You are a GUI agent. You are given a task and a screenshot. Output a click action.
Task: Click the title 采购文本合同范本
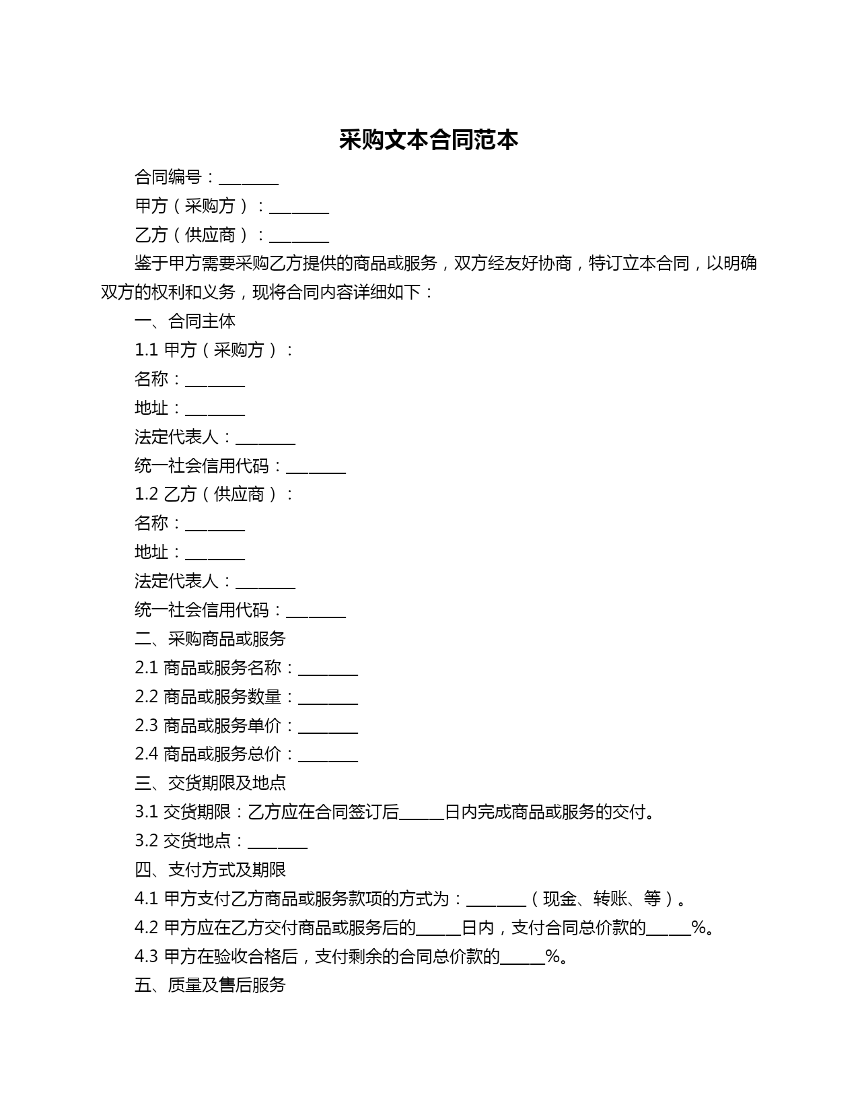click(x=429, y=140)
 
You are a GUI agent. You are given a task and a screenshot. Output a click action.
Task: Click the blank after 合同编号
click(x=248, y=178)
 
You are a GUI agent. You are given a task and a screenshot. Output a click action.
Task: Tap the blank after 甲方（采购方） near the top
click(x=299, y=207)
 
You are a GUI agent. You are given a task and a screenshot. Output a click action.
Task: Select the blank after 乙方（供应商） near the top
click(x=299, y=236)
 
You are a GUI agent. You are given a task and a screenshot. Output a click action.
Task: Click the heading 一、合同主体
click(x=185, y=321)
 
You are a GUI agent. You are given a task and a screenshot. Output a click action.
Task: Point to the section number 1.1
click(x=146, y=350)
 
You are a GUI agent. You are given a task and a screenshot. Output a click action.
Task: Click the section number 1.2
click(x=146, y=494)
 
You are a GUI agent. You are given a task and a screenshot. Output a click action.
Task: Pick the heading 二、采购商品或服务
click(x=210, y=638)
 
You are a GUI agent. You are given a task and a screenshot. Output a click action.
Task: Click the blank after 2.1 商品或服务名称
click(x=328, y=669)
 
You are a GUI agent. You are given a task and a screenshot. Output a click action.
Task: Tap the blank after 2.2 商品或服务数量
click(x=328, y=698)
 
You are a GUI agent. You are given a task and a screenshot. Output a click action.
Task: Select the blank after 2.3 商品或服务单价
click(x=328, y=727)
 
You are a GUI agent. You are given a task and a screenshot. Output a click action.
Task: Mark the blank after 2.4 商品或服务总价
click(x=328, y=756)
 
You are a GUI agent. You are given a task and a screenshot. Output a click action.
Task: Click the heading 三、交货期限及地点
click(x=210, y=782)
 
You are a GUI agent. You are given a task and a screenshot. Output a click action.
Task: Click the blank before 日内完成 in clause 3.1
click(x=422, y=813)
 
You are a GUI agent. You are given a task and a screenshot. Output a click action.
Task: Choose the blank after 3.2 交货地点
click(x=277, y=842)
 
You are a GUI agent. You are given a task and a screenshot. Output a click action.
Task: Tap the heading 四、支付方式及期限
click(x=210, y=869)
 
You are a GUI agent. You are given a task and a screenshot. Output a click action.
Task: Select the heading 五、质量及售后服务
click(x=210, y=985)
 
